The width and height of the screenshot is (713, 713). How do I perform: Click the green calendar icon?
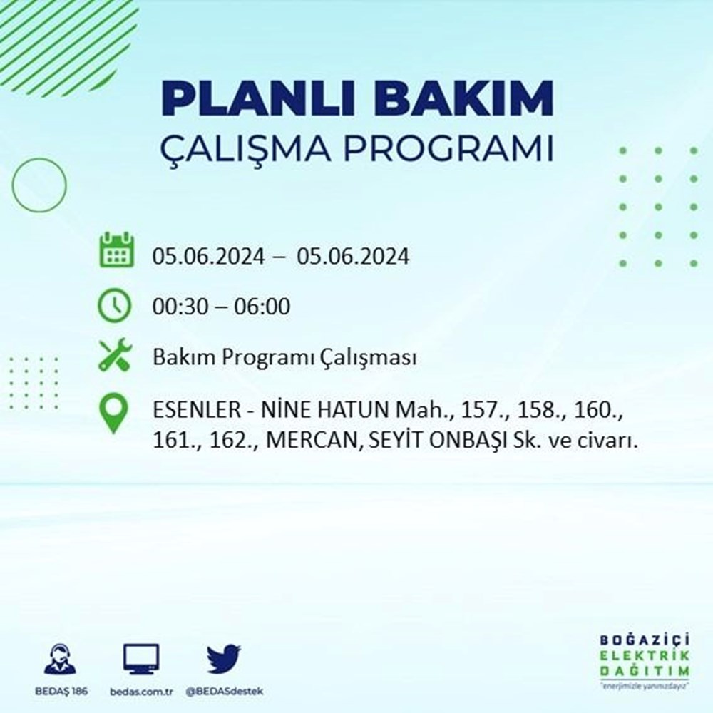click(116, 250)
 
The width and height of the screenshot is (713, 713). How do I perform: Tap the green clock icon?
click(114, 305)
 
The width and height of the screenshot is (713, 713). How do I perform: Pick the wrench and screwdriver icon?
click(115, 354)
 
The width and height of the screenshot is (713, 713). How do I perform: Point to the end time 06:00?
click(262, 307)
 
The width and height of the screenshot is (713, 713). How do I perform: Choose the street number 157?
click(480, 410)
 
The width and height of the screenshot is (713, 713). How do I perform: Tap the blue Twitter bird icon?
click(224, 659)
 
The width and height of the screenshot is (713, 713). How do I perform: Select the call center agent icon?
click(61, 659)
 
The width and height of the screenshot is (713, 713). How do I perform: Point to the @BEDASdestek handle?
click(224, 692)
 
